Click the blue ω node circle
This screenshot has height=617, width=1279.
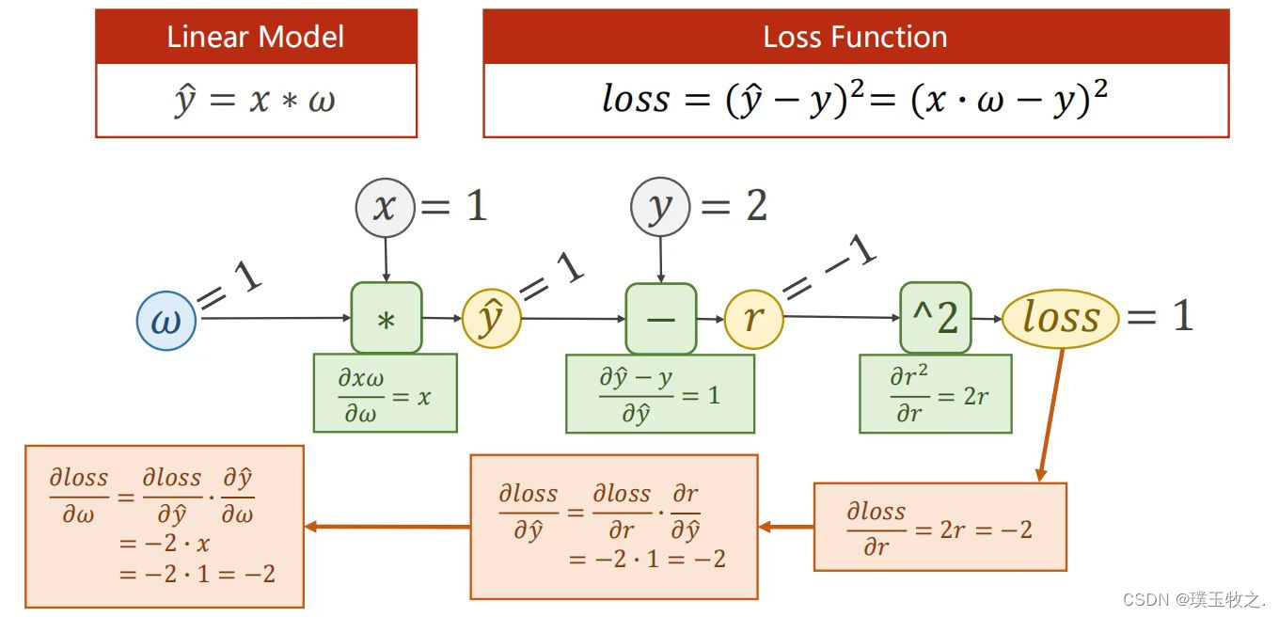166,321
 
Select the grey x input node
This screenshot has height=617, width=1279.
384,207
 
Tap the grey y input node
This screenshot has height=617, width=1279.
660,207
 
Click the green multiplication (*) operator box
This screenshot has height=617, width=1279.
386,319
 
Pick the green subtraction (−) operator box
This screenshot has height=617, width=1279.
660,319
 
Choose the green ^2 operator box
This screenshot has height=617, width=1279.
934,319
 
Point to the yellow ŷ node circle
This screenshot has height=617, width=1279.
491,320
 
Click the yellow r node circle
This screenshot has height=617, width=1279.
753,320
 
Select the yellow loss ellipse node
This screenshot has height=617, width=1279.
1060,319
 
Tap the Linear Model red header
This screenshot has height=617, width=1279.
256,38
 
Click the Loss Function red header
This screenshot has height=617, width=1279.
855,38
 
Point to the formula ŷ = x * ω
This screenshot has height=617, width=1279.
256,101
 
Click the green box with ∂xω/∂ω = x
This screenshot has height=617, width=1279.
385,393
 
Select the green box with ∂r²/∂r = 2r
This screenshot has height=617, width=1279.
935,394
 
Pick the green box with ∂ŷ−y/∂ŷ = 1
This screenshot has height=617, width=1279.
659,394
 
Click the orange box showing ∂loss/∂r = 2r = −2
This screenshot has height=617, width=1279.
940,527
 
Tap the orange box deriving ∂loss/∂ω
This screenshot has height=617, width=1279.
164,527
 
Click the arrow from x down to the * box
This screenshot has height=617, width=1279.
385,259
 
